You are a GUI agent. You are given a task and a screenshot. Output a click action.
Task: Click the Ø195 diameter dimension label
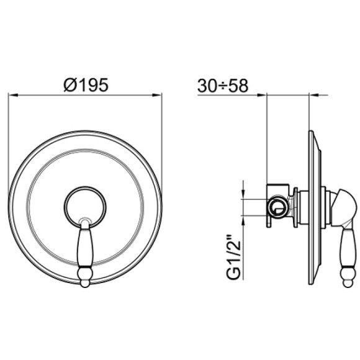(x=86, y=84)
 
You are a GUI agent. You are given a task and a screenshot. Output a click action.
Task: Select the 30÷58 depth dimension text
(x=223, y=86)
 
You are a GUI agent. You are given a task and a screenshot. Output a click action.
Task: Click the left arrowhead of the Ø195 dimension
(x=13, y=95)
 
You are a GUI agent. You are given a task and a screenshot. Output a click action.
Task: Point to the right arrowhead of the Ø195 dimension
(x=157, y=95)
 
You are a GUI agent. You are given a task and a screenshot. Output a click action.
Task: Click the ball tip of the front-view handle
(x=84, y=279)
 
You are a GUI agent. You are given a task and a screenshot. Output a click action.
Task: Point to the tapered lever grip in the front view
(x=84, y=248)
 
